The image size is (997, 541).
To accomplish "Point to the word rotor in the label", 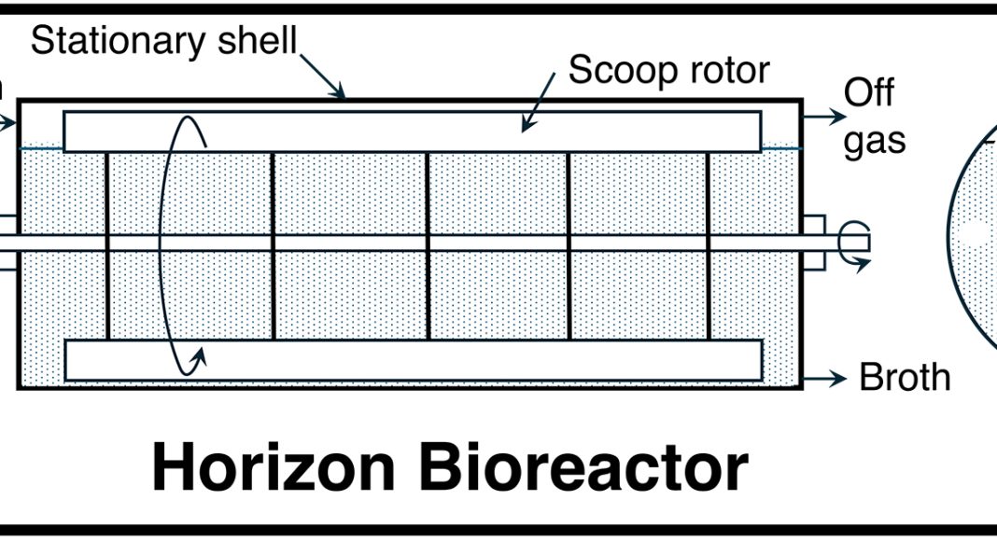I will coord(728,70).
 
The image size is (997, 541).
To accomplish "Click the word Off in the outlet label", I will coord(869,93).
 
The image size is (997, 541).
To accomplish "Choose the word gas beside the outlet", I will coord(875,142).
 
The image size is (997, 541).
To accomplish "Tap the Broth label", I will coord(905,378).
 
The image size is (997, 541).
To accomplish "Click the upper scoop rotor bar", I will coord(411,132).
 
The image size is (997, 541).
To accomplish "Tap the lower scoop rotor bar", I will coord(411,360).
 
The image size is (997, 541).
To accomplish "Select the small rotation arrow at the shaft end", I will coord(853,243).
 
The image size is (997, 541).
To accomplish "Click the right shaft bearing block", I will coord(813,243).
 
